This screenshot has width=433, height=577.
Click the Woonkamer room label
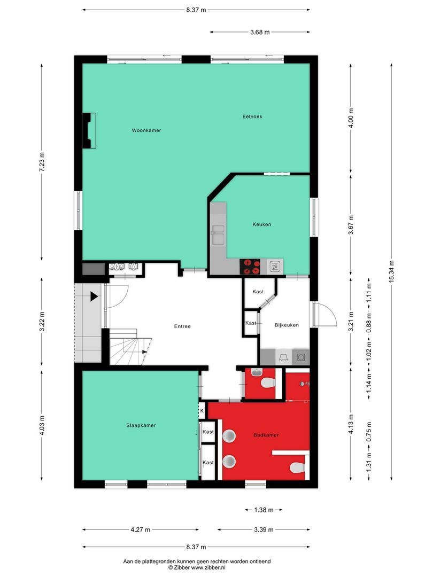(146, 130)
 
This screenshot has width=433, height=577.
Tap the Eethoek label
(252, 116)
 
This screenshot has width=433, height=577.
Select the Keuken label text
(262, 224)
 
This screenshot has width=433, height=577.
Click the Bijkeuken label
(287, 325)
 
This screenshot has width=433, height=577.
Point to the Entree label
(182, 326)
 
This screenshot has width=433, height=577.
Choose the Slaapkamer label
(141, 425)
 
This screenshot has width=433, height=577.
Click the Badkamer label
(266, 435)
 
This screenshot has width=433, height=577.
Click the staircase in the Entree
(130, 347)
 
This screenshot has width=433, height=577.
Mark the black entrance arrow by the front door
(94, 296)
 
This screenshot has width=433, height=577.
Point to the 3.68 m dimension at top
(260, 32)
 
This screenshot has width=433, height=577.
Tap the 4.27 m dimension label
(141, 529)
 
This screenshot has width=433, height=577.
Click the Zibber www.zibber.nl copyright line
(197, 568)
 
